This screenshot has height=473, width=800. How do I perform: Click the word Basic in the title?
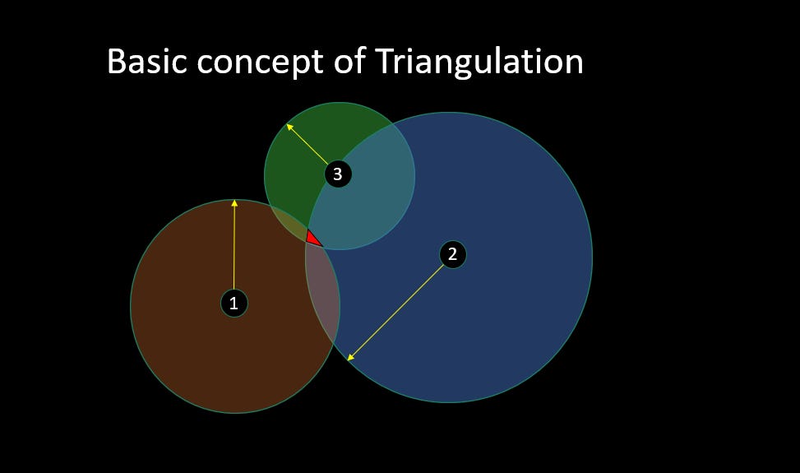coord(147,62)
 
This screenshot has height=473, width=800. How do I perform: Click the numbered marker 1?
coord(234,304)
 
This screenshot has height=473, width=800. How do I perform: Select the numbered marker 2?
coord(452,254)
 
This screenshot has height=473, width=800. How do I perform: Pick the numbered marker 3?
coord(337,174)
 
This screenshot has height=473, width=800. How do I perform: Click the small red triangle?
coord(312,239)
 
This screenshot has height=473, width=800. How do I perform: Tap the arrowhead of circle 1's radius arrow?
coord(234,203)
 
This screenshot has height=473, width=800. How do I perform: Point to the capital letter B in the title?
coord(116,62)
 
